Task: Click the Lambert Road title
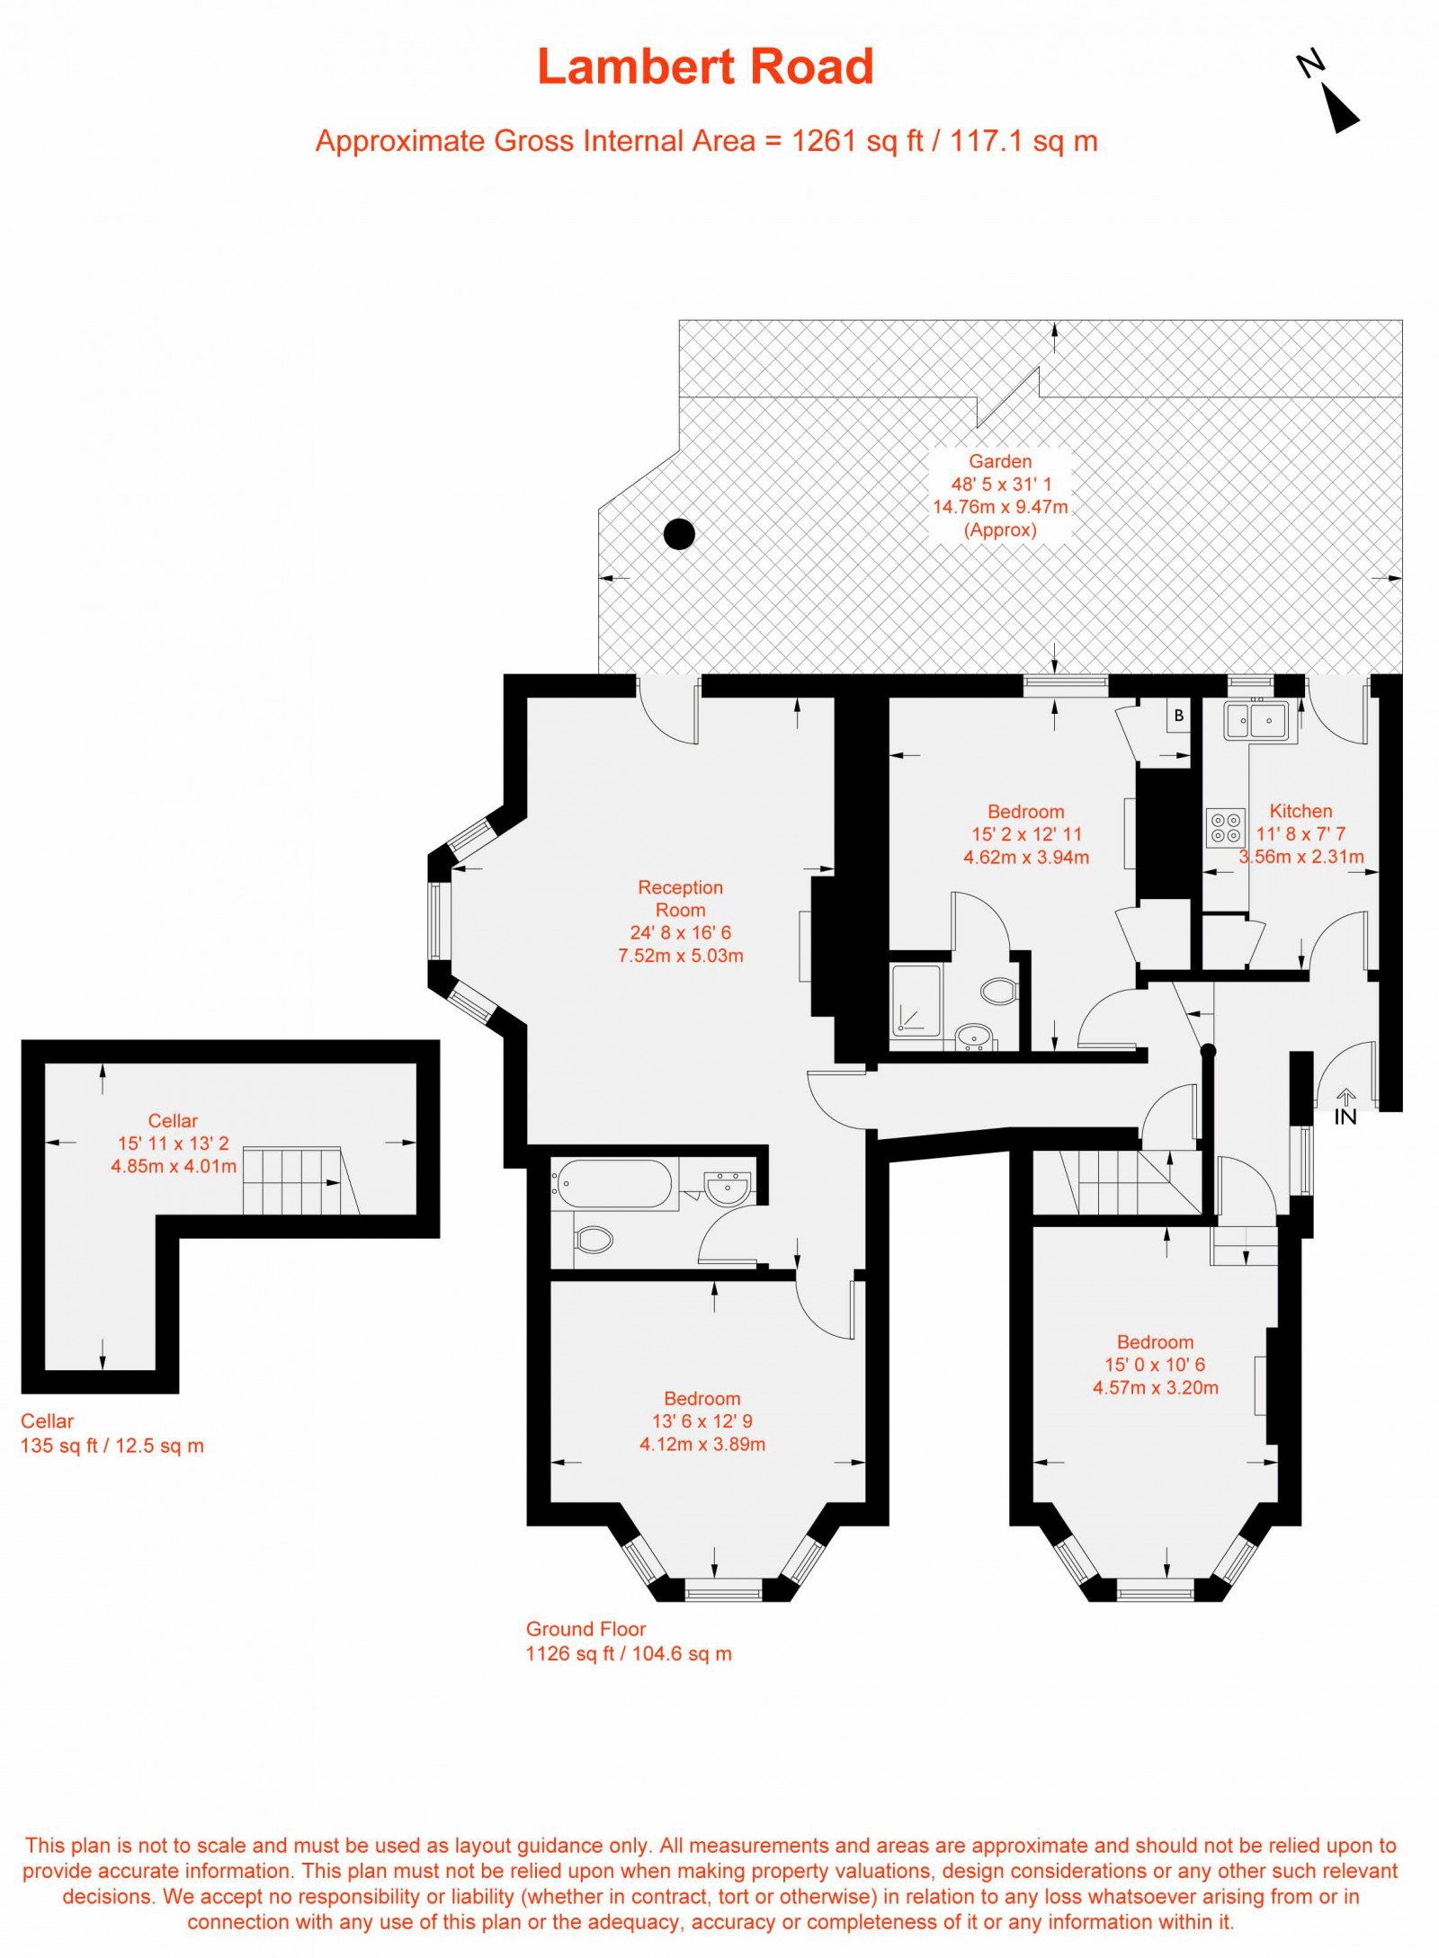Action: [705, 67]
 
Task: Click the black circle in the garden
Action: [679, 534]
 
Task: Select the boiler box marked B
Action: [1178, 716]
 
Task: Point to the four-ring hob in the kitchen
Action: [1225, 827]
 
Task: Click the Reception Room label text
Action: [680, 898]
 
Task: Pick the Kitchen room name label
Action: [1300, 810]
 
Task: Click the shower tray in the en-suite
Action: [915, 1006]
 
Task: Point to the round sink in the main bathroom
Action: [728, 1188]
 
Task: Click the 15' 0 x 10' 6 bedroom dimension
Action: [1155, 1365]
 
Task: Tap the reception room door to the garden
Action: [669, 715]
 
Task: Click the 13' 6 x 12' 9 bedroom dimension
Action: [702, 1421]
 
